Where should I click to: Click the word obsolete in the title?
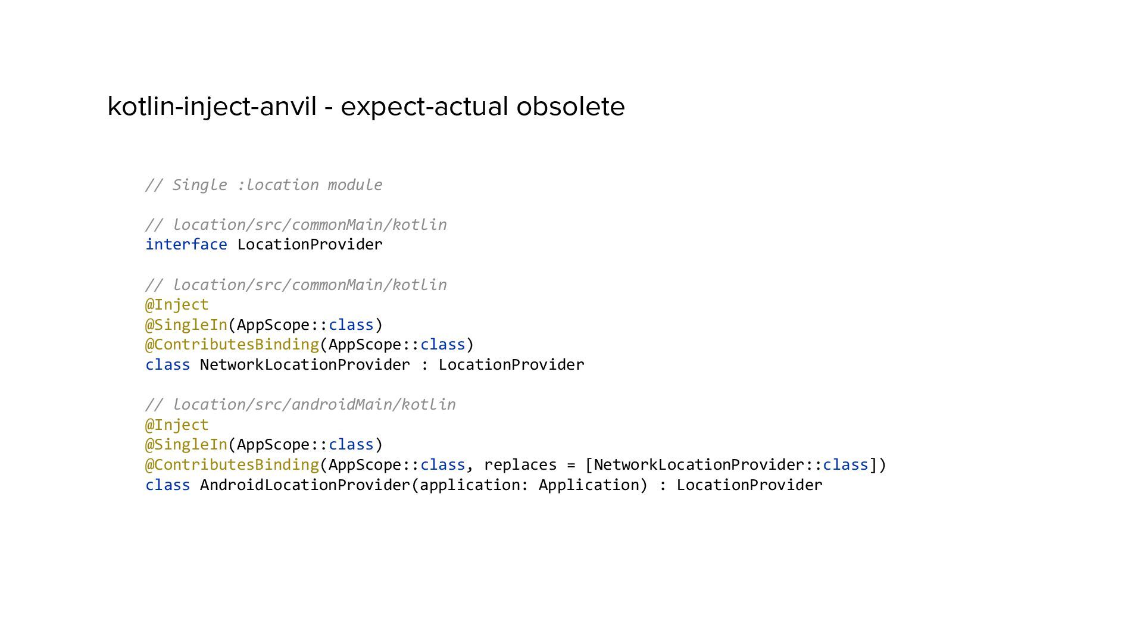point(570,107)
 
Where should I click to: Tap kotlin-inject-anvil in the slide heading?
point(211,107)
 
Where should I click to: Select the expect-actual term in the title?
point(425,107)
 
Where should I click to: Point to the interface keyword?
point(186,245)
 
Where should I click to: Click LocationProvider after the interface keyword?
point(310,245)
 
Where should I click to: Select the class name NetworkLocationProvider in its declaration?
point(305,365)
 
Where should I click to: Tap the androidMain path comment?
point(301,405)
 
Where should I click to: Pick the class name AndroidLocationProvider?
point(305,485)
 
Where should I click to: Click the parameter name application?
point(470,485)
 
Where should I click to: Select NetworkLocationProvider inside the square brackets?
point(699,465)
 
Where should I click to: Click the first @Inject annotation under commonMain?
point(177,305)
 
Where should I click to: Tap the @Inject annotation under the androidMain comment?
point(177,425)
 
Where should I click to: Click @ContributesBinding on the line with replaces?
point(232,465)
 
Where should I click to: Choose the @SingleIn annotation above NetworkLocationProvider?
point(186,325)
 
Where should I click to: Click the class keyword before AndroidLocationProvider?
point(167,485)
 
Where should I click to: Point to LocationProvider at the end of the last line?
point(749,485)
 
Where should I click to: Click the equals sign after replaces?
point(571,465)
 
